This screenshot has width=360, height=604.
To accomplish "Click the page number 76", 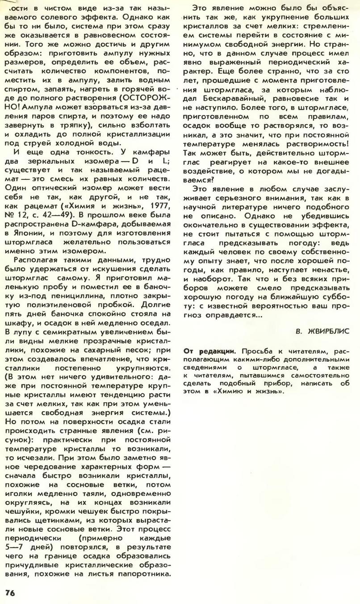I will tap(10, 592).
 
